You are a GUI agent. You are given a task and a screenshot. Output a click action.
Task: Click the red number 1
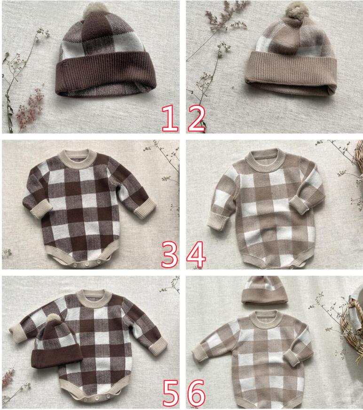(x=170, y=118)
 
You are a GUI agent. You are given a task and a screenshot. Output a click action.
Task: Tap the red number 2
(x=197, y=118)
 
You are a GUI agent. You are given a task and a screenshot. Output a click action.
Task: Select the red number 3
(x=169, y=254)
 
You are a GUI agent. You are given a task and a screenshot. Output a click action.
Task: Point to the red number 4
(x=196, y=254)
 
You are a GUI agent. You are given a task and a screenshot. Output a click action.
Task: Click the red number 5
(x=171, y=393)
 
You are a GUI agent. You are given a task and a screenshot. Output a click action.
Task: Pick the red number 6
(x=197, y=393)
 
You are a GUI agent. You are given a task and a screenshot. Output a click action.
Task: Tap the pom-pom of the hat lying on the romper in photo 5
(x=53, y=320)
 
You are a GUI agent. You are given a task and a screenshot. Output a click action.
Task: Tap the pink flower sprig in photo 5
(x=8, y=378)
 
